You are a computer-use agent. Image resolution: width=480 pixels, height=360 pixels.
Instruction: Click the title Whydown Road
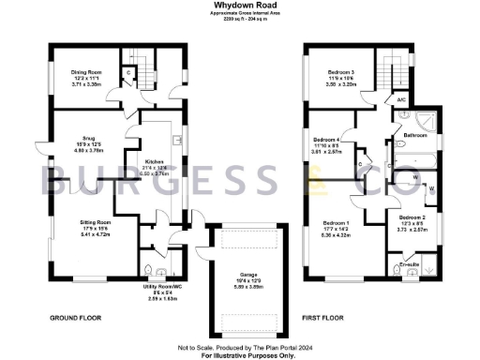point(239,5)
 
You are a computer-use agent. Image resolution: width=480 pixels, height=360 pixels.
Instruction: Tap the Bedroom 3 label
point(341,72)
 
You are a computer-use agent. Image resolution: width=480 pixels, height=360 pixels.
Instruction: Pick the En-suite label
point(411,265)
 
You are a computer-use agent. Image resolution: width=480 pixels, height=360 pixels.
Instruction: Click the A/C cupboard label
point(400,99)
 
